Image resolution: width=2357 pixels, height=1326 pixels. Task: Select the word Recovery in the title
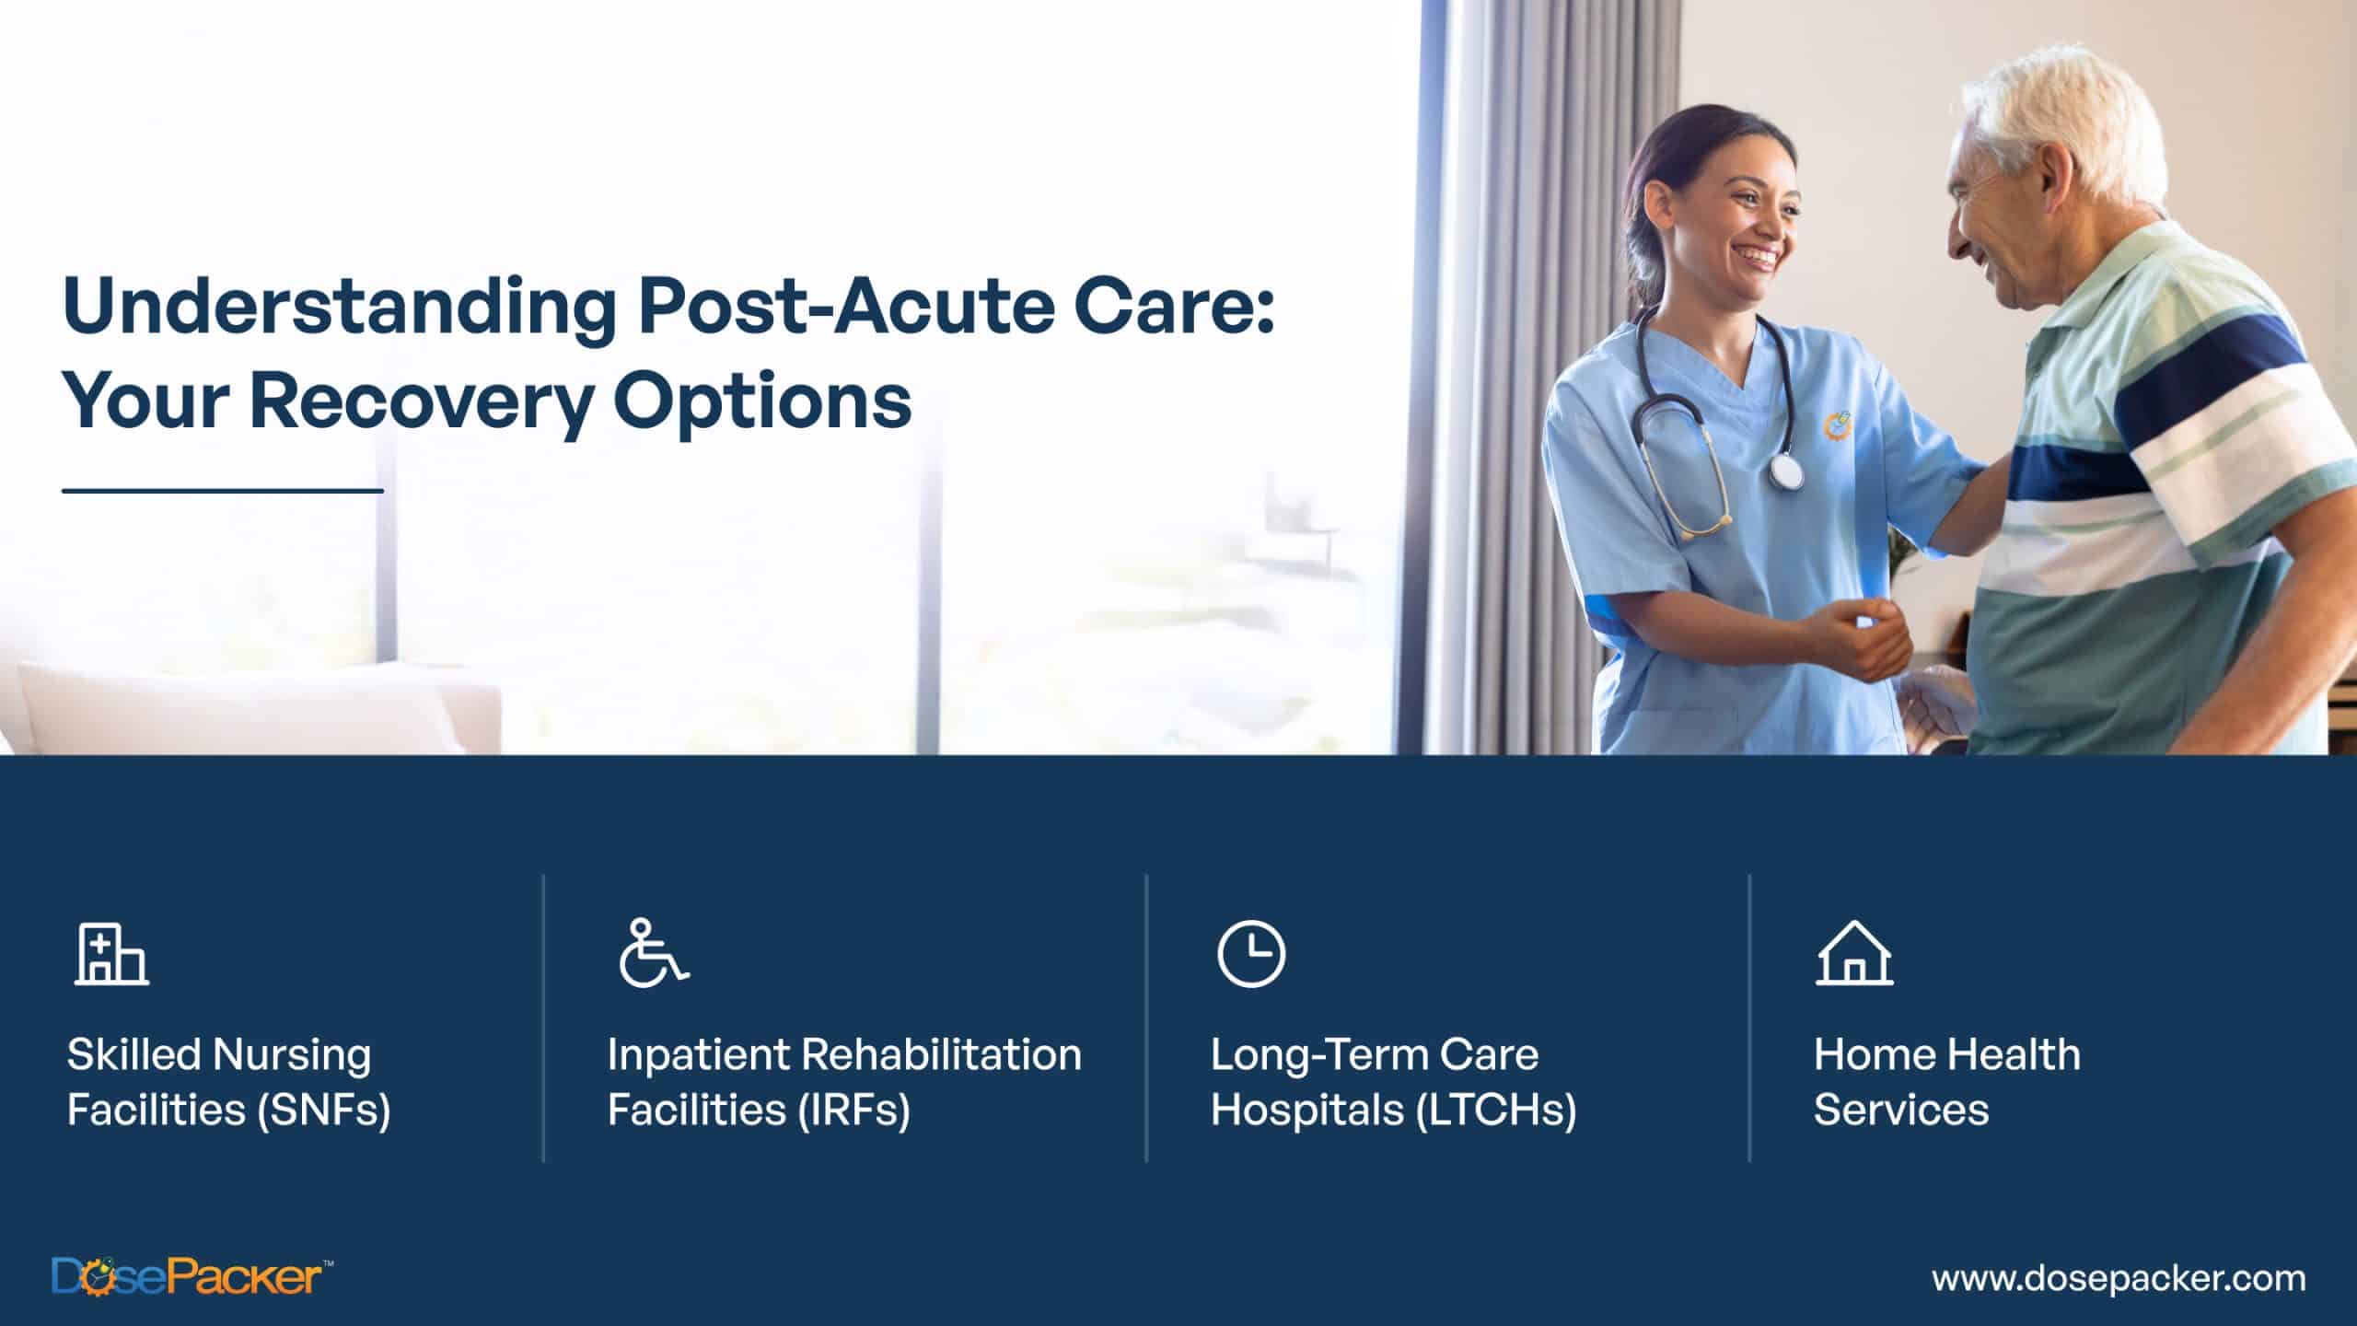420,401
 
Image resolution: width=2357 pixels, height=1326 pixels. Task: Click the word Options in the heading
762,403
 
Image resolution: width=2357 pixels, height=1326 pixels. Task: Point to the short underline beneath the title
222,491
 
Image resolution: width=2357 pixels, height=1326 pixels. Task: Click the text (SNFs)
324,1110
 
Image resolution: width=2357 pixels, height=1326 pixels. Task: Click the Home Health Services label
1945,1082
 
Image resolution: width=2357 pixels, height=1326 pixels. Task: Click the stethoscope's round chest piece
1786,471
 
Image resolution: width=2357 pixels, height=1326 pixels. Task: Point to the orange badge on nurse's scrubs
1838,425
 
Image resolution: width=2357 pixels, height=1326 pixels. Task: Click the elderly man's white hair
2072,120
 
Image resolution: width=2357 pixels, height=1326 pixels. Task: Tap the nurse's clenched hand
1855,640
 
